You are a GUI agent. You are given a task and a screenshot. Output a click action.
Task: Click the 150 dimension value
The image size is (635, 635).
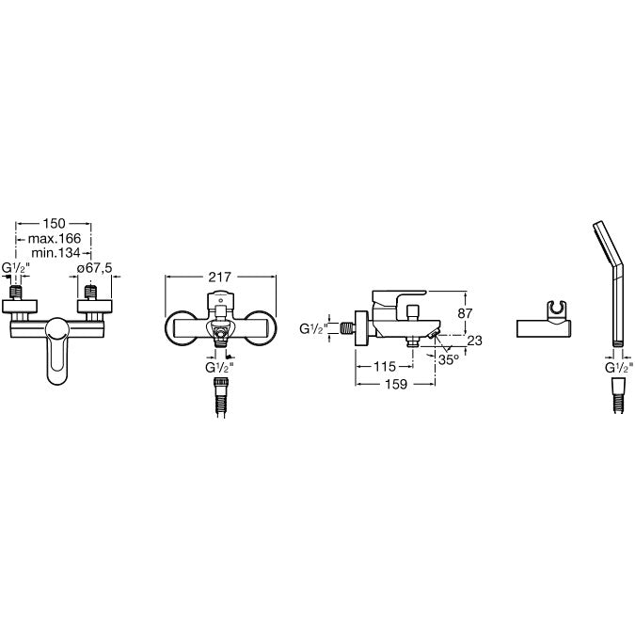tap(54, 223)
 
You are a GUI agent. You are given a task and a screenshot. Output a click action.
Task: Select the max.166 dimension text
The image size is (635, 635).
tap(55, 238)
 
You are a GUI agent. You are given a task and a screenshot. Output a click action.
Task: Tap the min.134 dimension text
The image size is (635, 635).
tap(56, 253)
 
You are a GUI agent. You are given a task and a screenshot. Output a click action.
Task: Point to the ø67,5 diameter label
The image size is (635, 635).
tap(94, 268)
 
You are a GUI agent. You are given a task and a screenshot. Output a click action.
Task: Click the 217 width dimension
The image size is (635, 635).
tap(219, 277)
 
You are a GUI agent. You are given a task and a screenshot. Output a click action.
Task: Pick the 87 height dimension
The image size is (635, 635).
tap(465, 313)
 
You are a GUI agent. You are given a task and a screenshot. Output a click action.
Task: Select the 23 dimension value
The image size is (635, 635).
tap(475, 341)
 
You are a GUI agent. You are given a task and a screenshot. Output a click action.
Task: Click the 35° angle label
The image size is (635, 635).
tap(449, 359)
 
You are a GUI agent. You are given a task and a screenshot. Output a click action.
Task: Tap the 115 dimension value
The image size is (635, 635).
tap(384, 367)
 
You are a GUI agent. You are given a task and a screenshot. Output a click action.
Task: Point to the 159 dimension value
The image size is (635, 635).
tap(396, 384)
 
